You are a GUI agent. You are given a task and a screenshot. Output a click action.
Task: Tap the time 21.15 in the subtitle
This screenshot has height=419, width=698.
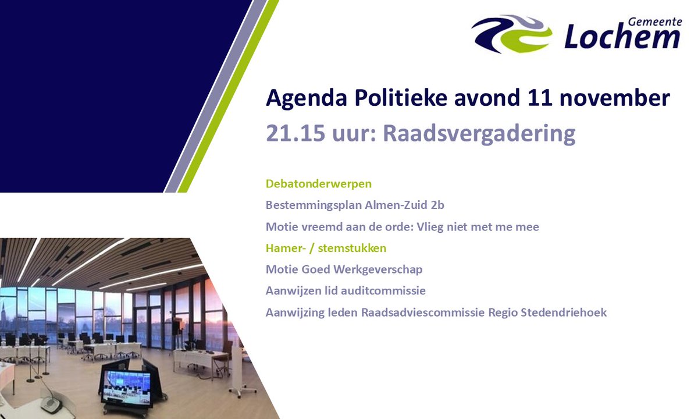291,133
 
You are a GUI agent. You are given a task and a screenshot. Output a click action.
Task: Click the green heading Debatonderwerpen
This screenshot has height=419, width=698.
319,184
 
